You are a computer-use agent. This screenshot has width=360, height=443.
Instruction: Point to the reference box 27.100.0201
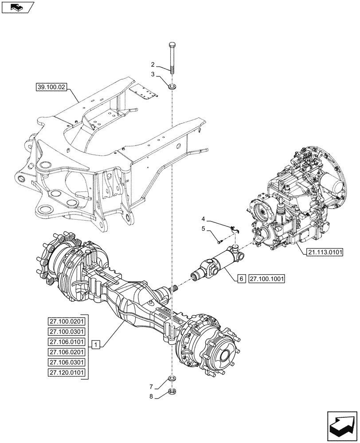click(67, 321)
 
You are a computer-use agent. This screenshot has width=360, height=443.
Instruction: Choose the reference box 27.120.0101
click(67, 373)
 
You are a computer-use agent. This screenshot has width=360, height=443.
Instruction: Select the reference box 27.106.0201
click(67, 352)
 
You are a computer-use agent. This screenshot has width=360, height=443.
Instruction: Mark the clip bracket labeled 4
click(234, 229)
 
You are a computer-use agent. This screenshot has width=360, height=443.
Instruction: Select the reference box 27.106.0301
click(67, 362)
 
